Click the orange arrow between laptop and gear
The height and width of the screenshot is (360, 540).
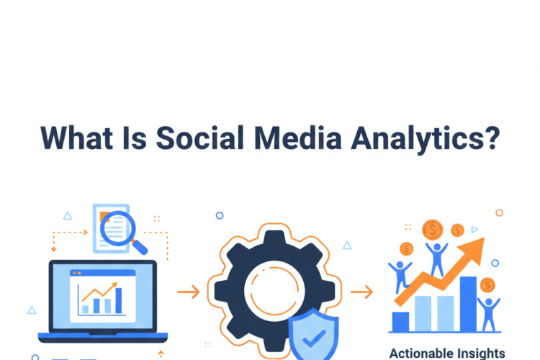point(188,292)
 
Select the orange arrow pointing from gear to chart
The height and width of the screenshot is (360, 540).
point(361,292)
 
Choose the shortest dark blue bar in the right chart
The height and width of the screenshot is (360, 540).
point(400,321)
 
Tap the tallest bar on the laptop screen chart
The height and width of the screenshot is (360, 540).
point(119,300)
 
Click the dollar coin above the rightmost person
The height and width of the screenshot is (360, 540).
point(488,284)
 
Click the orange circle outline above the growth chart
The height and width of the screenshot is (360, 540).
point(499,212)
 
